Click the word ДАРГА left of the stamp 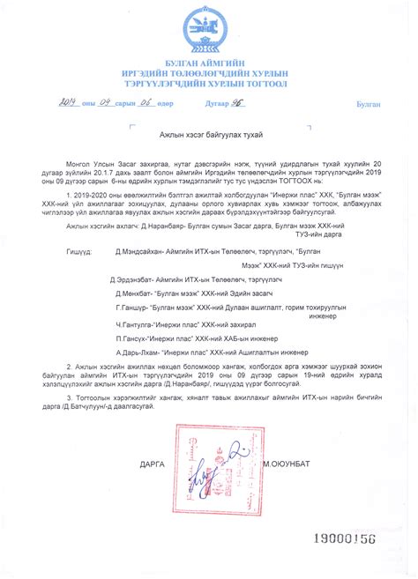tap(152, 463)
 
